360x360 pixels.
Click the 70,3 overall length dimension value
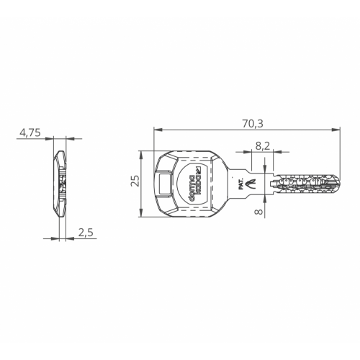pos(253,124)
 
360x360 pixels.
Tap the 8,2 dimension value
pos(263,145)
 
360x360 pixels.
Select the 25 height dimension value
pos(135,181)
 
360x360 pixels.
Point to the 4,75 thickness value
pos(30,132)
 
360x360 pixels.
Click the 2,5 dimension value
pos(86,233)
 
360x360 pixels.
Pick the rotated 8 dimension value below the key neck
pos(258,212)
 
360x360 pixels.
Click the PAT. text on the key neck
pos(241,184)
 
